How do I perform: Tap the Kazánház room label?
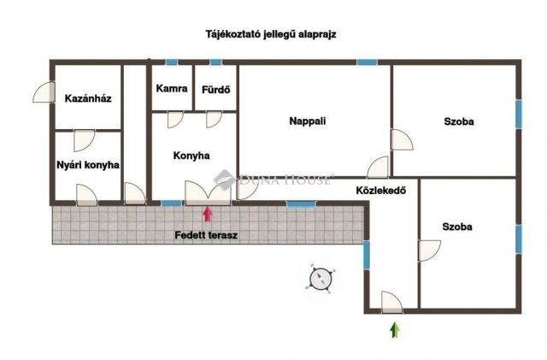pyautogui.click(x=88, y=98)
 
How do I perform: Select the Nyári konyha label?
pyautogui.click(x=88, y=164)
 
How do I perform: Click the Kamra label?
pyautogui.click(x=171, y=88)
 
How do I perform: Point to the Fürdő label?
pyautogui.click(x=215, y=88)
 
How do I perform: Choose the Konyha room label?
pyautogui.click(x=191, y=155)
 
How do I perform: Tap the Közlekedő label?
pyautogui.click(x=380, y=190)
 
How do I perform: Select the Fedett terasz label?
pyautogui.click(x=206, y=233)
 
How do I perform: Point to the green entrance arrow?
pyautogui.click(x=394, y=330)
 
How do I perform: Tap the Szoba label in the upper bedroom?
pyautogui.click(x=458, y=121)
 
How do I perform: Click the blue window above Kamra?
pyautogui.click(x=171, y=62)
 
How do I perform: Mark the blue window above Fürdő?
pyautogui.click(x=215, y=62)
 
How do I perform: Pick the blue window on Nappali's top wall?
pyautogui.click(x=367, y=62)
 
